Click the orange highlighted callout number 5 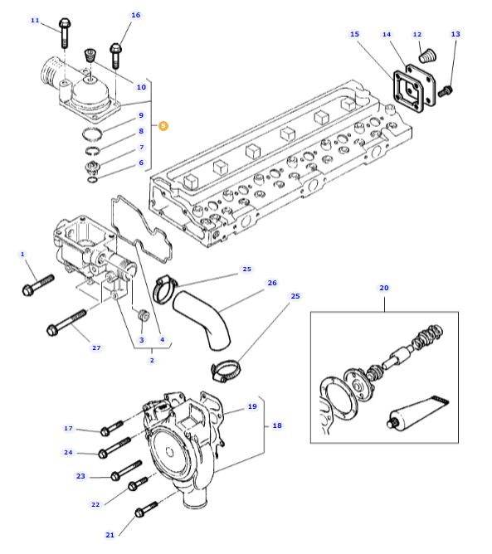point(163,126)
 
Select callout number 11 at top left point(35,21)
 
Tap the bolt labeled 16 point(115,56)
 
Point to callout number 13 point(455,34)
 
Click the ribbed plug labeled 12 point(427,56)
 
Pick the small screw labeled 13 point(445,91)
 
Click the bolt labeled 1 point(38,285)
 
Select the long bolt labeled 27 point(66,323)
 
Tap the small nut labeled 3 point(143,315)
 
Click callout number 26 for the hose point(272,283)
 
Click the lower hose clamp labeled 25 point(226,371)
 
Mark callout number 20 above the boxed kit point(384,288)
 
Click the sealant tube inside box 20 point(418,413)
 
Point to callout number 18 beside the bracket point(277,425)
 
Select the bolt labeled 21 point(146,509)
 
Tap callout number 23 point(80,476)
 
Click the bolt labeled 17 point(112,428)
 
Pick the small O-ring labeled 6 point(93,180)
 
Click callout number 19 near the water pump point(252,406)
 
